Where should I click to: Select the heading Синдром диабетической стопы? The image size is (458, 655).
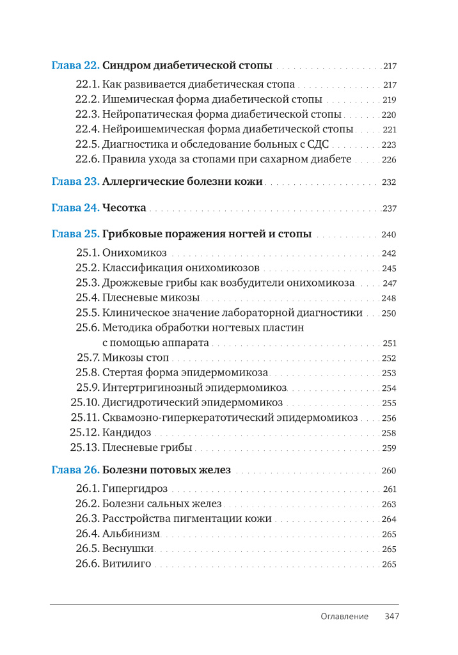pos(187,65)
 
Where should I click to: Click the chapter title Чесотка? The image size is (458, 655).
pos(125,208)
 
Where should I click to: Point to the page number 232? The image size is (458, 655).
pos(389,182)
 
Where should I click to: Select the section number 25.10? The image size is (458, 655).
pos(84,403)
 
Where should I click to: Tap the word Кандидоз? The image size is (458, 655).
pos(127,433)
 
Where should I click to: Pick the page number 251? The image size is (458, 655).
pos(389,343)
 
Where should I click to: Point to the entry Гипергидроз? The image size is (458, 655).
pos(135,489)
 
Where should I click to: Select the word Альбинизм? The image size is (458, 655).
pos(131,534)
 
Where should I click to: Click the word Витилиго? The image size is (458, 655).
pos(127,564)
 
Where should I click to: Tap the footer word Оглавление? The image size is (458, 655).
pos(345,617)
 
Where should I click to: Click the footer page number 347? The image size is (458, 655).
pos(391,617)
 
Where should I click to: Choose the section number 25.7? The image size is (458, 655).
pos(88,358)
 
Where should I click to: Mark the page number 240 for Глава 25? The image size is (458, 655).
pos(389,235)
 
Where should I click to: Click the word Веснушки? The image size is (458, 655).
pos(128,549)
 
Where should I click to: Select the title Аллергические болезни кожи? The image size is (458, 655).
pos(183,182)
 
